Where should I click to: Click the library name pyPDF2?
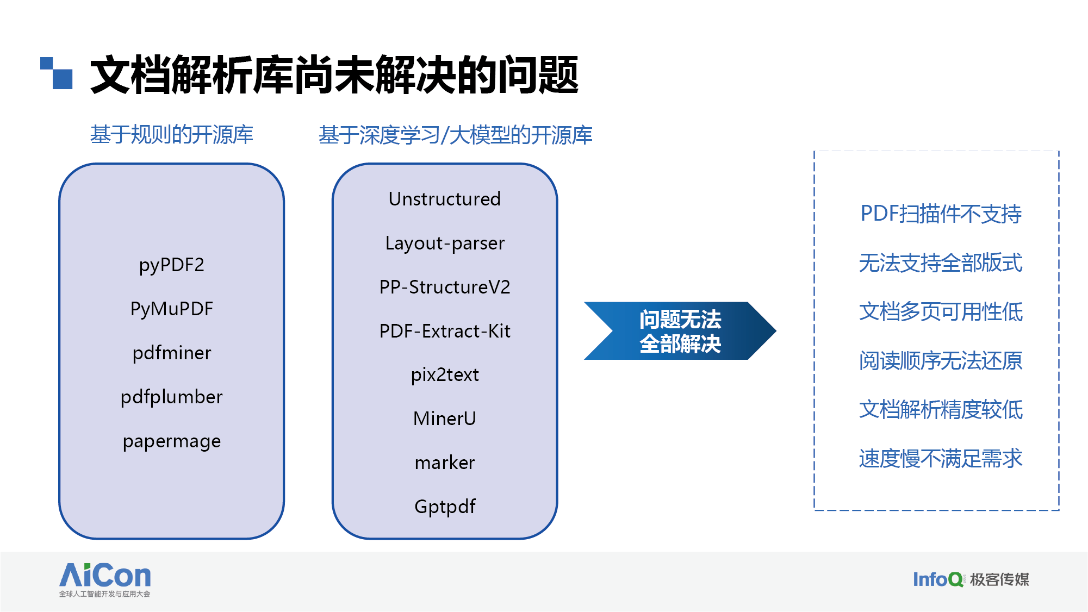(x=171, y=265)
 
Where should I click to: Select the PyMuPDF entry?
(x=171, y=309)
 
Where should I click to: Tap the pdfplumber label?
(x=171, y=397)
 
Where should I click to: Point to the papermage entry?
(x=171, y=441)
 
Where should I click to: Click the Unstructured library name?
(x=444, y=199)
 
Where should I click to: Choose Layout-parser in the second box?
(x=444, y=243)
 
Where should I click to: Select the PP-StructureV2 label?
(x=444, y=287)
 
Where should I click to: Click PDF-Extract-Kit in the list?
(x=444, y=331)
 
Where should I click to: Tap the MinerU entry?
(x=444, y=419)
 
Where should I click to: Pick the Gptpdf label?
(x=444, y=507)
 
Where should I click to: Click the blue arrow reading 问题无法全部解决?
(x=680, y=331)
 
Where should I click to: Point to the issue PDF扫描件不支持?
(x=941, y=214)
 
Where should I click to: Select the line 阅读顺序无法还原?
(x=941, y=361)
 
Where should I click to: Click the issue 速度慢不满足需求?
(x=941, y=459)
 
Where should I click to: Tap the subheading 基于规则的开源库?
(x=171, y=135)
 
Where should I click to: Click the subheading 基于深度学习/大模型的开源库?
(x=455, y=135)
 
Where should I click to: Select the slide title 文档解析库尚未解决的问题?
(x=334, y=75)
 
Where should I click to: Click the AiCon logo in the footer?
(x=105, y=579)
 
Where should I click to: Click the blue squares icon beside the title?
(x=57, y=73)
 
